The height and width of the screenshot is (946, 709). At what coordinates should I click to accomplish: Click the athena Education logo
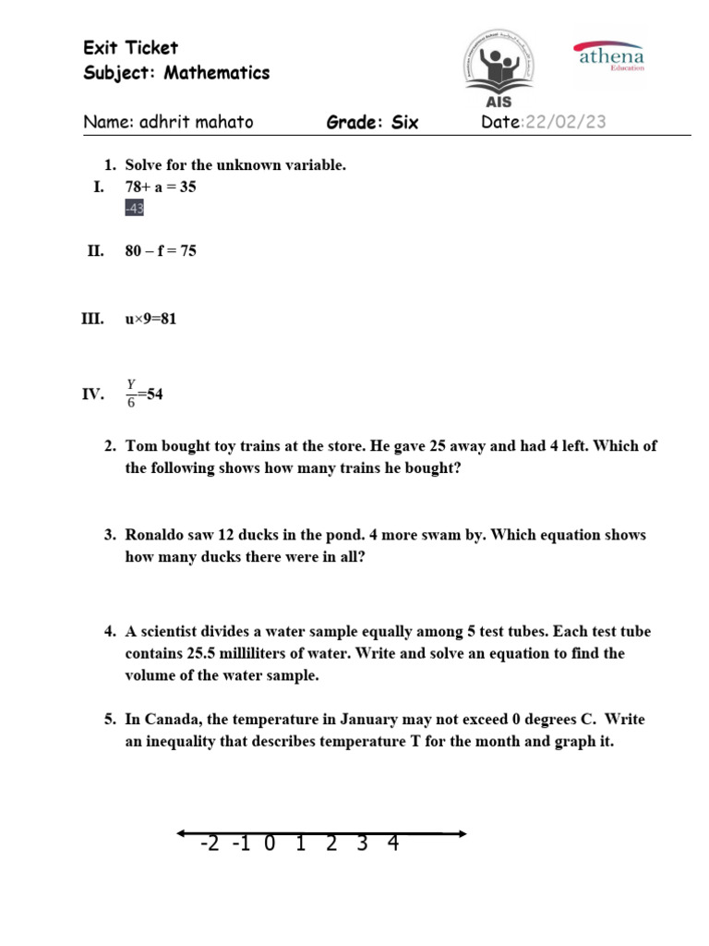(610, 56)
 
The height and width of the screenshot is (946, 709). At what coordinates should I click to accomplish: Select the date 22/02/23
(565, 123)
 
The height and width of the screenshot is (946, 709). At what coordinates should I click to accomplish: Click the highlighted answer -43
(134, 209)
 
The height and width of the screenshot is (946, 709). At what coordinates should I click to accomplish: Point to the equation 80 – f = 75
(161, 251)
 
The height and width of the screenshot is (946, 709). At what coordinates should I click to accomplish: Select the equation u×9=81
(150, 320)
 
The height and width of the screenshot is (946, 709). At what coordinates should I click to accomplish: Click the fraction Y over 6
(130, 395)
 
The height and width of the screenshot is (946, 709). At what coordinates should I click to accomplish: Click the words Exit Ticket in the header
(130, 48)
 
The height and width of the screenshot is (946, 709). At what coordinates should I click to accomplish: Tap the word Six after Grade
(404, 123)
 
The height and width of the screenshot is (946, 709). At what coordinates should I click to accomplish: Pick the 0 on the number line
(269, 843)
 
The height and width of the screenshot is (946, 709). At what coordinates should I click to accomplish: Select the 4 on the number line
(393, 843)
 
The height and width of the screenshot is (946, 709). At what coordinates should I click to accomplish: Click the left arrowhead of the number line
(182, 833)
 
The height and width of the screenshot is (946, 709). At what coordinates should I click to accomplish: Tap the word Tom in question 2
(141, 446)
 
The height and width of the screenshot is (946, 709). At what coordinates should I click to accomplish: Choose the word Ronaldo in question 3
(157, 535)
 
